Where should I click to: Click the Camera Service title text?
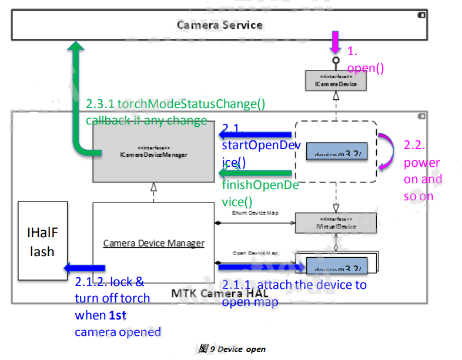pyautogui.click(x=219, y=25)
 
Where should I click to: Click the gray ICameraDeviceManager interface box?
pyautogui.click(x=153, y=152)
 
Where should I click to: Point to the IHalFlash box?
pyautogui.click(x=42, y=241)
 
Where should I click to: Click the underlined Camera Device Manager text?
pyautogui.click(x=153, y=243)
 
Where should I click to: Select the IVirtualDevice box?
pyautogui.click(x=336, y=223)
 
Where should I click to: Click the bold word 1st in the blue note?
pyautogui.click(x=118, y=315)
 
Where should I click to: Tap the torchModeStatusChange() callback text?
pyautogui.click(x=175, y=104)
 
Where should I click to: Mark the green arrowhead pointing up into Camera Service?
pyautogui.click(x=77, y=47)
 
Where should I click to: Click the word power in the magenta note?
pyautogui.click(x=421, y=163)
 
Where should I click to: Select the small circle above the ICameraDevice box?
pyautogui.click(x=336, y=60)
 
